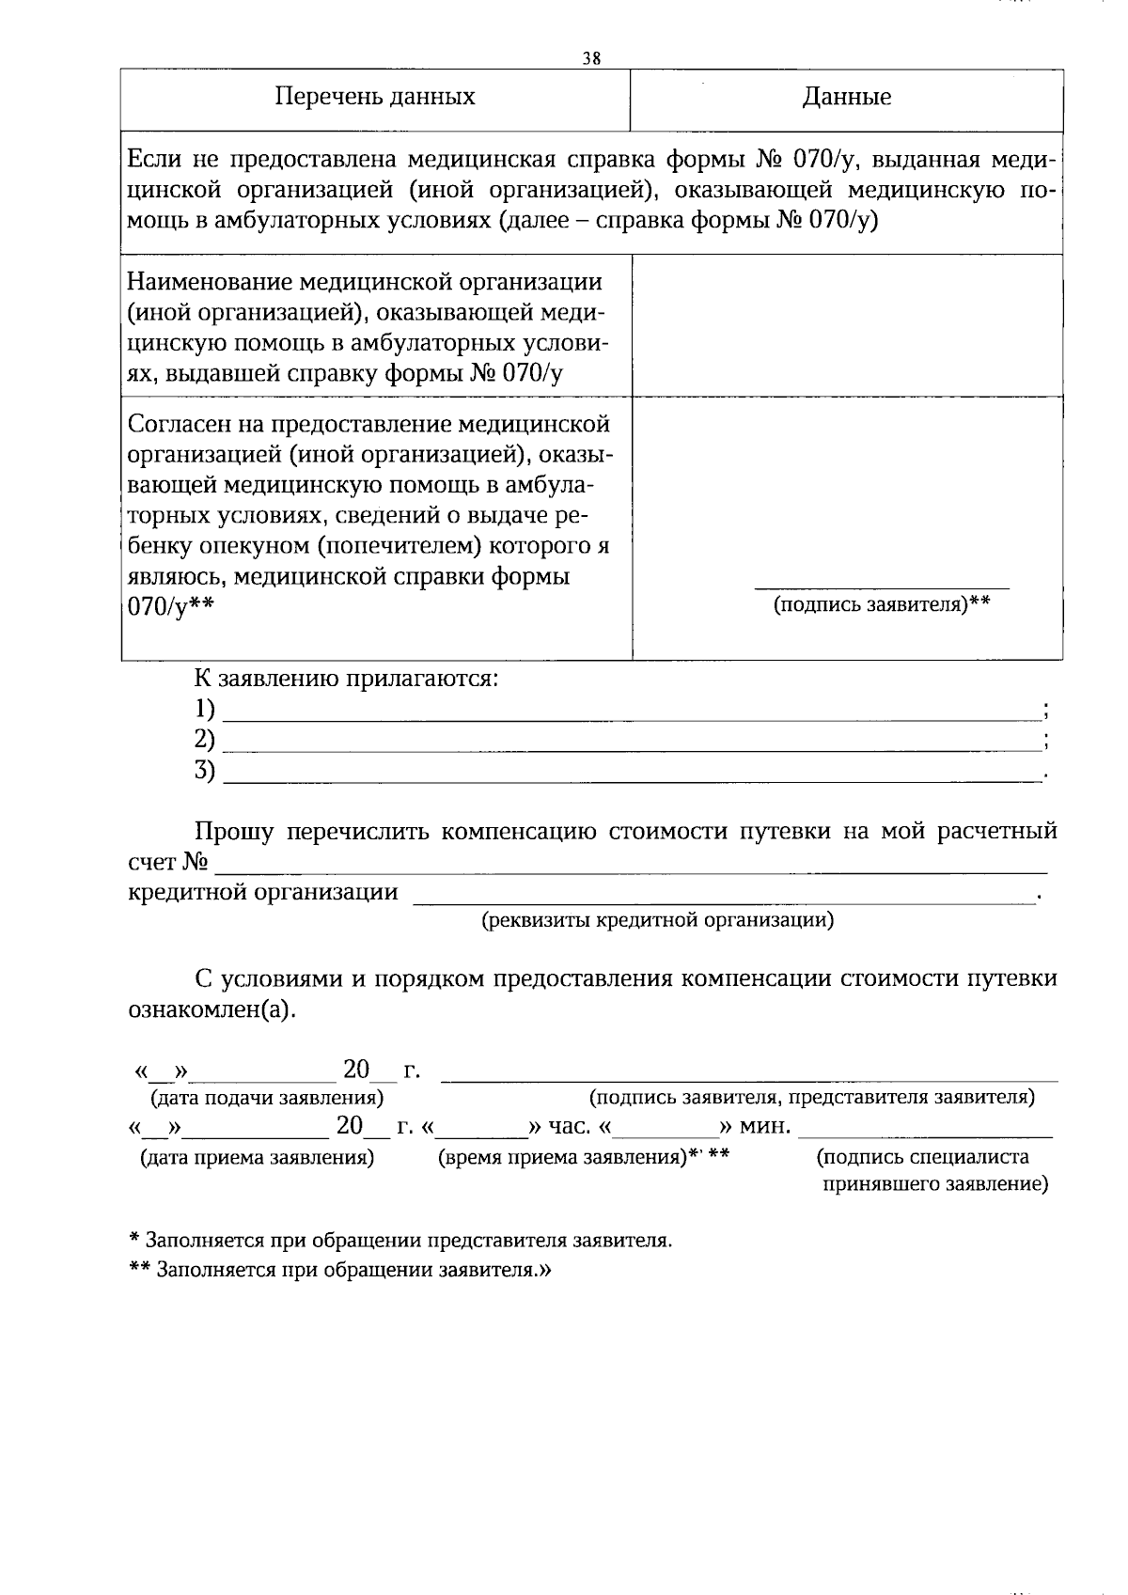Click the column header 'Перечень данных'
(x=374, y=97)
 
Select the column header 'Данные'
(x=846, y=97)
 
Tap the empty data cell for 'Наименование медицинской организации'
(x=846, y=325)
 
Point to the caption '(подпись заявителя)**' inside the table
(x=882, y=604)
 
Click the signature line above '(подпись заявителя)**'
(x=882, y=587)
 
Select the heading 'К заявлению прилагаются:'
(x=345, y=678)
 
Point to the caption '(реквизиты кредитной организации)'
(x=657, y=919)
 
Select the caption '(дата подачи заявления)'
(x=260, y=1097)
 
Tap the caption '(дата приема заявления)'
(x=257, y=1158)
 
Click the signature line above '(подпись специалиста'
(x=925, y=1135)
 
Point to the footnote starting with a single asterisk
(x=400, y=1240)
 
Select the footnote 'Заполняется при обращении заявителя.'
(x=348, y=1270)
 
